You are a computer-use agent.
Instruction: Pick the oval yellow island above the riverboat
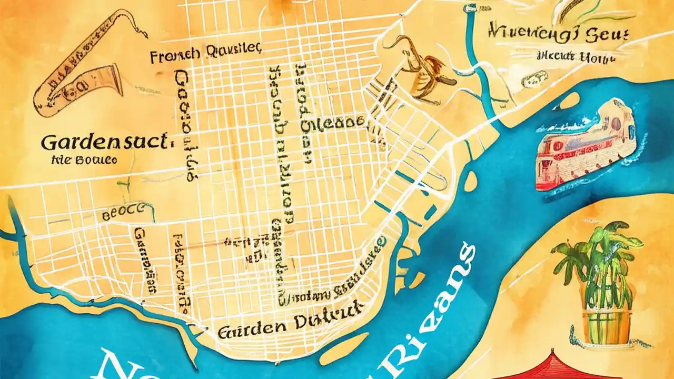click(x=569, y=100)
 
